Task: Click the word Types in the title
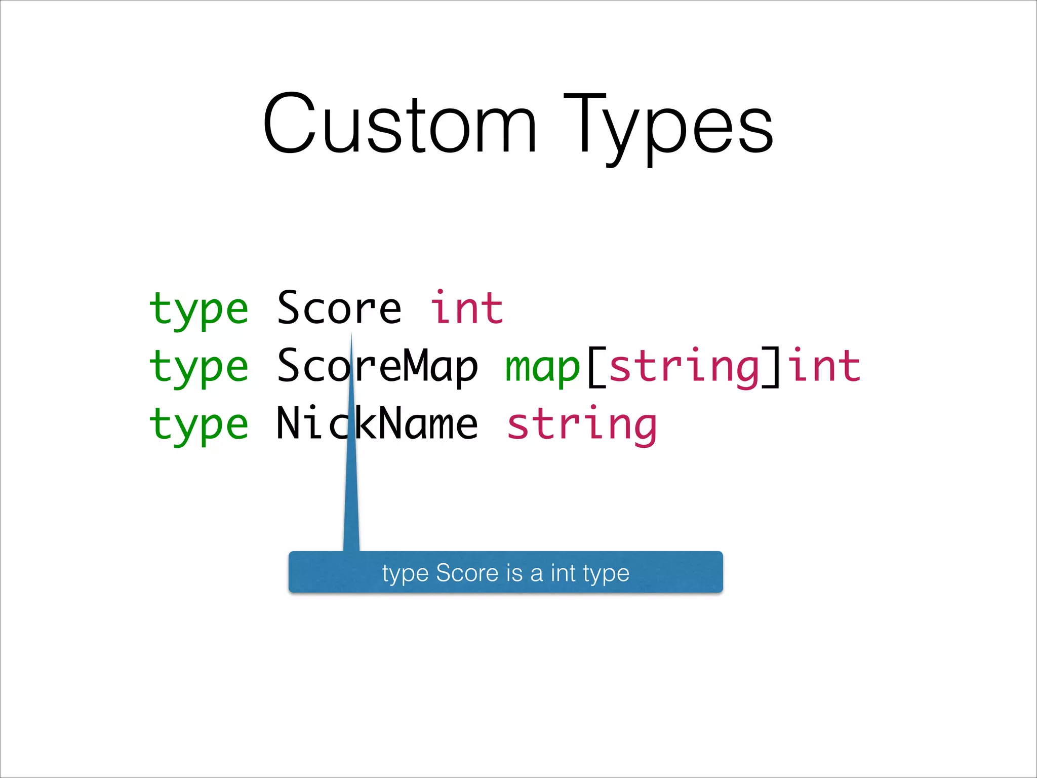668,127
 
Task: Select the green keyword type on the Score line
198,309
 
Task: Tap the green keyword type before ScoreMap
198,367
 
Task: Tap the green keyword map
542,367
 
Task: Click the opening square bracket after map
596,367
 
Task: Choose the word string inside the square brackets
684,368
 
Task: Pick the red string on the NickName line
582,425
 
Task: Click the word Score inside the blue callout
467,573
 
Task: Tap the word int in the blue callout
563,573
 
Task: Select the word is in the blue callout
514,573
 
